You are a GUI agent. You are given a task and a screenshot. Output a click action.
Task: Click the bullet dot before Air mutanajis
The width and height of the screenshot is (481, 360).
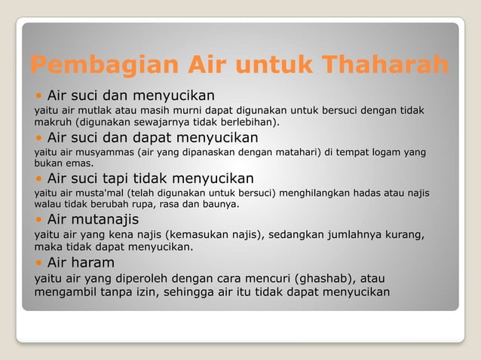pos(39,220)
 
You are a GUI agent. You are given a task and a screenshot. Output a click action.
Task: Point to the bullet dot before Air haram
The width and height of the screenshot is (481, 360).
pos(39,263)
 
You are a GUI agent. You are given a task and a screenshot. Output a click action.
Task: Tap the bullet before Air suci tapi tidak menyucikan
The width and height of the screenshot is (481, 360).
pos(39,179)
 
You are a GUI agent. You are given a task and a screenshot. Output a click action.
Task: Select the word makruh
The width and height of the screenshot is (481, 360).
pos(52,122)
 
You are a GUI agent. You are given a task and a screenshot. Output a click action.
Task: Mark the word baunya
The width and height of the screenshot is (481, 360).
pos(219,204)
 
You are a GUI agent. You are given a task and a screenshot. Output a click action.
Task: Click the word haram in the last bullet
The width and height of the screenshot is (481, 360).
pos(93,263)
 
